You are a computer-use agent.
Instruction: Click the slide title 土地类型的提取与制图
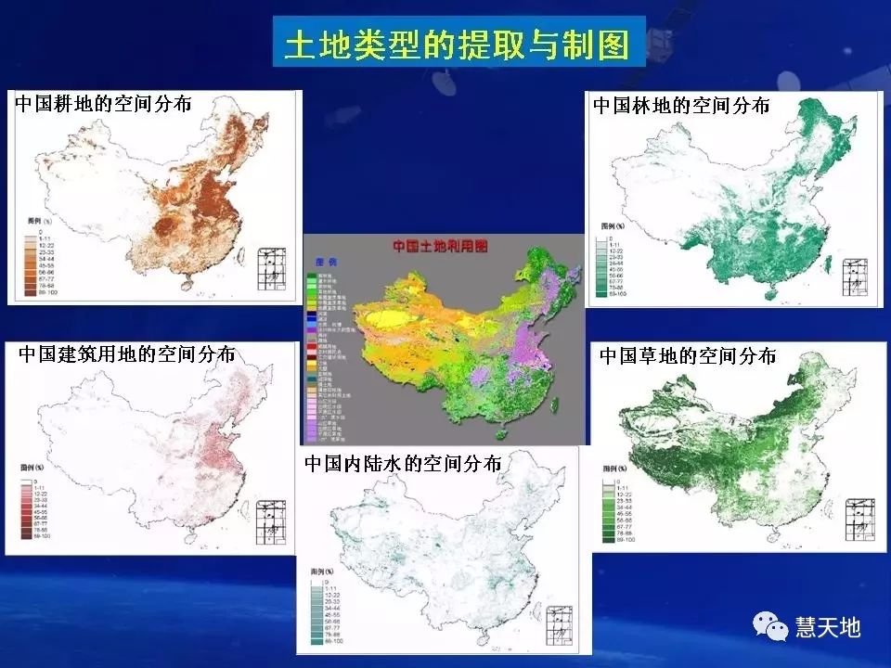[x=457, y=43]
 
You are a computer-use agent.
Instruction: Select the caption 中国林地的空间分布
[x=681, y=106]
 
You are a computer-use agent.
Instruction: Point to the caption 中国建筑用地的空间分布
[x=126, y=354]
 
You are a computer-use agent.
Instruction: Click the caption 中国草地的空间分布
[x=688, y=356]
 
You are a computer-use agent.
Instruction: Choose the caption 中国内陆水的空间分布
[x=403, y=463]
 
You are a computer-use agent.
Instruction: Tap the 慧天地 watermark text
[x=828, y=628]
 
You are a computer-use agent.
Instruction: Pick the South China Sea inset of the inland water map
[x=562, y=623]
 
